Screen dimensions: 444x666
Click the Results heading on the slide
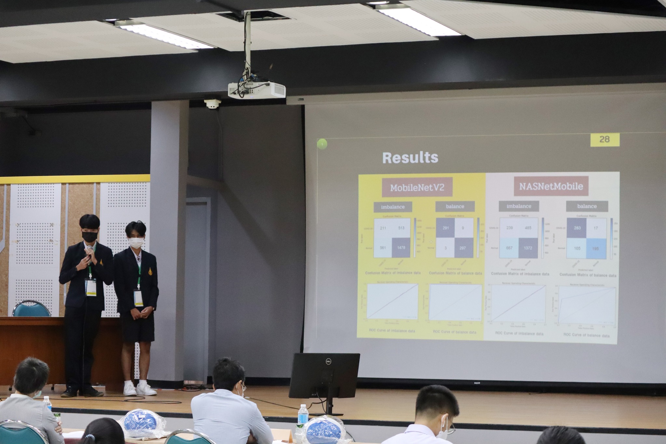pyautogui.click(x=410, y=158)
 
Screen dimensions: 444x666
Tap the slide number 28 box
pyautogui.click(x=605, y=140)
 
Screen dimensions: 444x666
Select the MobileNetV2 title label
pyautogui.click(x=417, y=188)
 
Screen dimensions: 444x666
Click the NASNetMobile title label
pyautogui.click(x=551, y=186)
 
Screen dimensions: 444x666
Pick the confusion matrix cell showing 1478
pyautogui.click(x=401, y=248)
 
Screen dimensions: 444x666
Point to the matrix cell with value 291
pyautogui.click(x=446, y=228)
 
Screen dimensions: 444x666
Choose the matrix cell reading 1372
pyautogui.click(x=528, y=248)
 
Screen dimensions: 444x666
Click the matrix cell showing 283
pyautogui.click(x=577, y=228)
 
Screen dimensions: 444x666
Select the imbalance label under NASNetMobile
pyautogui.click(x=519, y=206)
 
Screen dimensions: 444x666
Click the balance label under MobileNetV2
pyautogui.click(x=455, y=207)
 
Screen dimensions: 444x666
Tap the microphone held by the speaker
pyautogui.click(x=89, y=251)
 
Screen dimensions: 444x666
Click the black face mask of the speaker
pyautogui.click(x=89, y=236)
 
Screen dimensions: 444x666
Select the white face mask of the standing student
pyautogui.click(x=136, y=242)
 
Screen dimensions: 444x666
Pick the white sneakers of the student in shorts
pyautogui.click(x=140, y=389)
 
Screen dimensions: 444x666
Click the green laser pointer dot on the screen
pyautogui.click(x=322, y=144)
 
